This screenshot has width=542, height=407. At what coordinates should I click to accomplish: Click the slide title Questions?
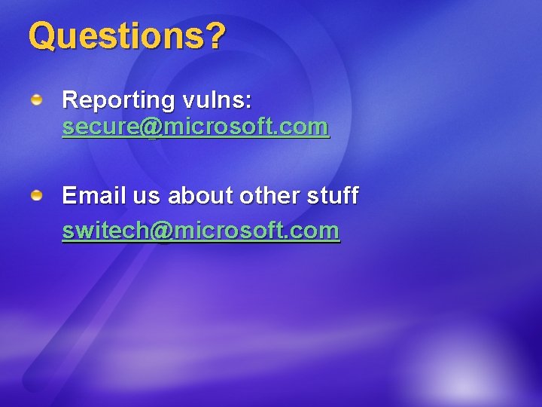click(x=126, y=35)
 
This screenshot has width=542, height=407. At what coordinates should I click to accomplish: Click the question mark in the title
click(x=216, y=35)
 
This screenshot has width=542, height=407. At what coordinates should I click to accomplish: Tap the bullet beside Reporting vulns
click(x=36, y=99)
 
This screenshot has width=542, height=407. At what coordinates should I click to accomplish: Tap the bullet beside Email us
click(x=36, y=196)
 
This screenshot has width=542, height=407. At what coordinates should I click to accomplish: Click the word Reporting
click(x=118, y=99)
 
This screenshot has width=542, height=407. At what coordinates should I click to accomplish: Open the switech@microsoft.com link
click(x=200, y=230)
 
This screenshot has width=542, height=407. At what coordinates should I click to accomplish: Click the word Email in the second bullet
click(x=87, y=196)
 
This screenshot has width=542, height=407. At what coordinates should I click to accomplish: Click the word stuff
click(x=333, y=196)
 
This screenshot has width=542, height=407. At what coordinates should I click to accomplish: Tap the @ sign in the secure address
click(x=151, y=127)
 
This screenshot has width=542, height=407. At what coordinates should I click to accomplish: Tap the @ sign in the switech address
click(x=161, y=231)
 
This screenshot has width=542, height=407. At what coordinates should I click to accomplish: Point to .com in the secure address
click(x=305, y=127)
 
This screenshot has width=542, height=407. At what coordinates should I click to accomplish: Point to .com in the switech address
click(x=315, y=231)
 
